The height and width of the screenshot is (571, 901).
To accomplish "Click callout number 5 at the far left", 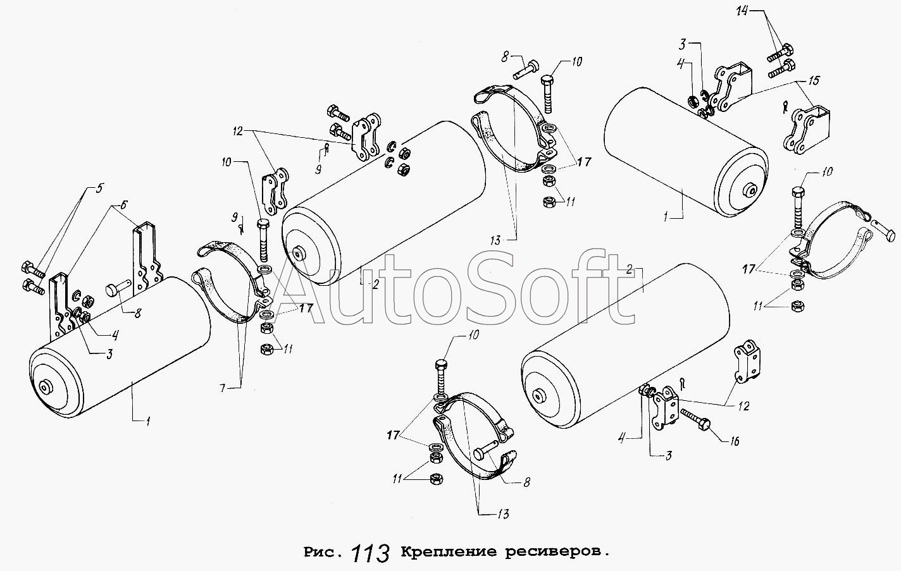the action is (99, 188).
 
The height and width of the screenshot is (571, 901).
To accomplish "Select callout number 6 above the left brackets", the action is (123, 205).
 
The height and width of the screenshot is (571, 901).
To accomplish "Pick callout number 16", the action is (735, 441).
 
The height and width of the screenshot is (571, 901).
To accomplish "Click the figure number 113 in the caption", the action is (370, 553).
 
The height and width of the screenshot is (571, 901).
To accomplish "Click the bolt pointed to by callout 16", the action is (697, 419).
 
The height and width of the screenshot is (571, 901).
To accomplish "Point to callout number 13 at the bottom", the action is (503, 514).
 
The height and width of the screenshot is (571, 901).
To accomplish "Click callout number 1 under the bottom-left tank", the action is (148, 422).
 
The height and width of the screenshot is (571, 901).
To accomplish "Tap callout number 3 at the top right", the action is (682, 44).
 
